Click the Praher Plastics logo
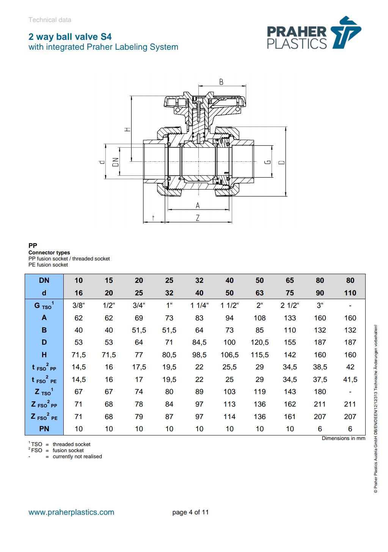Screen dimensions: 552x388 coord(313,33)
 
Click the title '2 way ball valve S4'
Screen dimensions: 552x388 coord(70,37)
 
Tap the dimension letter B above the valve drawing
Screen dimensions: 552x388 coord(221,82)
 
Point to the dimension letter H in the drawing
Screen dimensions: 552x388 coord(128,129)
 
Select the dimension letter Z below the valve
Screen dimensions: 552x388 coord(197,218)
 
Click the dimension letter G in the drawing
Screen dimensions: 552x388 coord(267,162)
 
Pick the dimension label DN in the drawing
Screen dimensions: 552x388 coord(116,162)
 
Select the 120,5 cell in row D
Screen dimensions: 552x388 coord(259,342)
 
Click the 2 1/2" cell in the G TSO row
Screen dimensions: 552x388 coord(290,305)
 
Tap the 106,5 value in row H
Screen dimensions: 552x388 coord(229,355)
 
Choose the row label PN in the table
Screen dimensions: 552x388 coord(44,429)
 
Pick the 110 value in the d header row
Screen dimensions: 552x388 coord(350,293)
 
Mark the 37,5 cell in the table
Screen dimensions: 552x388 coord(320,379)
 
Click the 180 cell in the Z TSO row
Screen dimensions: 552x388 coord(320,392)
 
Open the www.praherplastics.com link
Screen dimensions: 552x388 coord(71,512)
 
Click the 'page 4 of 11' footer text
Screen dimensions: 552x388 coord(190,512)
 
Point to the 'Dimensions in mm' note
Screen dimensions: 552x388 coord(343,438)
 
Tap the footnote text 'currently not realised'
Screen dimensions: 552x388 coord(77,456)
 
